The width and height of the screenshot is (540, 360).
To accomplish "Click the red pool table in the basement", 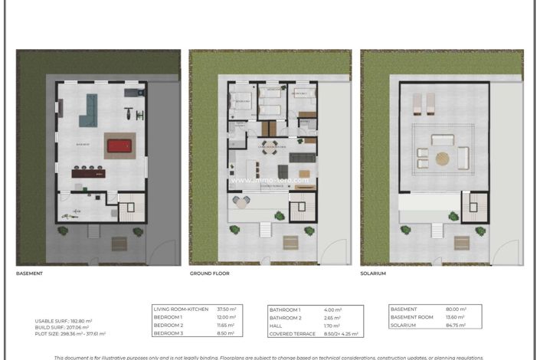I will pos(119,145).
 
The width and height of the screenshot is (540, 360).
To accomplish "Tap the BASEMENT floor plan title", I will pos(29,273).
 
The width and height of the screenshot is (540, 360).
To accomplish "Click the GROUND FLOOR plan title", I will pos(209,273).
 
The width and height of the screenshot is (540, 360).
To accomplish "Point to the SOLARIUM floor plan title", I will pos(375,273).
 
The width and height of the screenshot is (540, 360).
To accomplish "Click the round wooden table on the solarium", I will pos(443,159).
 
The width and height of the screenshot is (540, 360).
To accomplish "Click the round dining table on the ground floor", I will pos(267,149).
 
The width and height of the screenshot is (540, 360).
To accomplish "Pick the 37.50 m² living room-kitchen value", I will pos(226,309).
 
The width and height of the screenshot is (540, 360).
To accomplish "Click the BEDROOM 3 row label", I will pos(169,333).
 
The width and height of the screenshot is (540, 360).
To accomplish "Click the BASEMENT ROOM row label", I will pos(413,317).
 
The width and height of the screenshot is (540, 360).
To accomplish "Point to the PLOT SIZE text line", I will pos(70,334).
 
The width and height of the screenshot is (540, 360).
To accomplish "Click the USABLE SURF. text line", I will pos(64,321).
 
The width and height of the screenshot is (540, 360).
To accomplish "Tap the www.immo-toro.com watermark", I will pos(269,182).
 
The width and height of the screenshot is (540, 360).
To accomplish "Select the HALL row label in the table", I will pos(276,326).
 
